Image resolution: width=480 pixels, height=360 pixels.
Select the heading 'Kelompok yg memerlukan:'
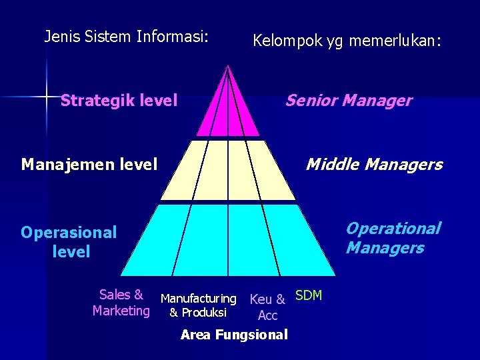click(x=347, y=41)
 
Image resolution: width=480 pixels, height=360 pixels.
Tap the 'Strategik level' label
click(x=119, y=101)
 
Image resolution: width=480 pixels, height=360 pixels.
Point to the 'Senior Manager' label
click(x=349, y=101)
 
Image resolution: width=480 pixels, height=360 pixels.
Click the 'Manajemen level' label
click(x=89, y=163)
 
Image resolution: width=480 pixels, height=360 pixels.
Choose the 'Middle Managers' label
click(x=373, y=164)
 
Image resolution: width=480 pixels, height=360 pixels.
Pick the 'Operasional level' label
click(x=69, y=242)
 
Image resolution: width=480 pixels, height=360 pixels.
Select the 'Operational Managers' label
click(x=393, y=238)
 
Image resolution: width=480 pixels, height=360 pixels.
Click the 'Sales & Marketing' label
click(x=121, y=303)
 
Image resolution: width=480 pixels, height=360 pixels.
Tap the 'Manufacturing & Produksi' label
click(x=198, y=305)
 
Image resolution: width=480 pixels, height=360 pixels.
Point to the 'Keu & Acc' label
click(x=267, y=307)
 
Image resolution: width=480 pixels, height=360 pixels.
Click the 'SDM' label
click(x=309, y=295)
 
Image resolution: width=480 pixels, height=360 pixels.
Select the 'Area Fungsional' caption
click(x=234, y=335)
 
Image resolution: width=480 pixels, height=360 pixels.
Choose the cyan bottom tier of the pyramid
click(x=228, y=240)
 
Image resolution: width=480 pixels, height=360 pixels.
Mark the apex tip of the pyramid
click(x=228, y=66)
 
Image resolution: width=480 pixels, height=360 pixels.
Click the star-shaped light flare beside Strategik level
click(x=47, y=96)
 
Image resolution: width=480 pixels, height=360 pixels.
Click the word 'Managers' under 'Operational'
click(x=385, y=248)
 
